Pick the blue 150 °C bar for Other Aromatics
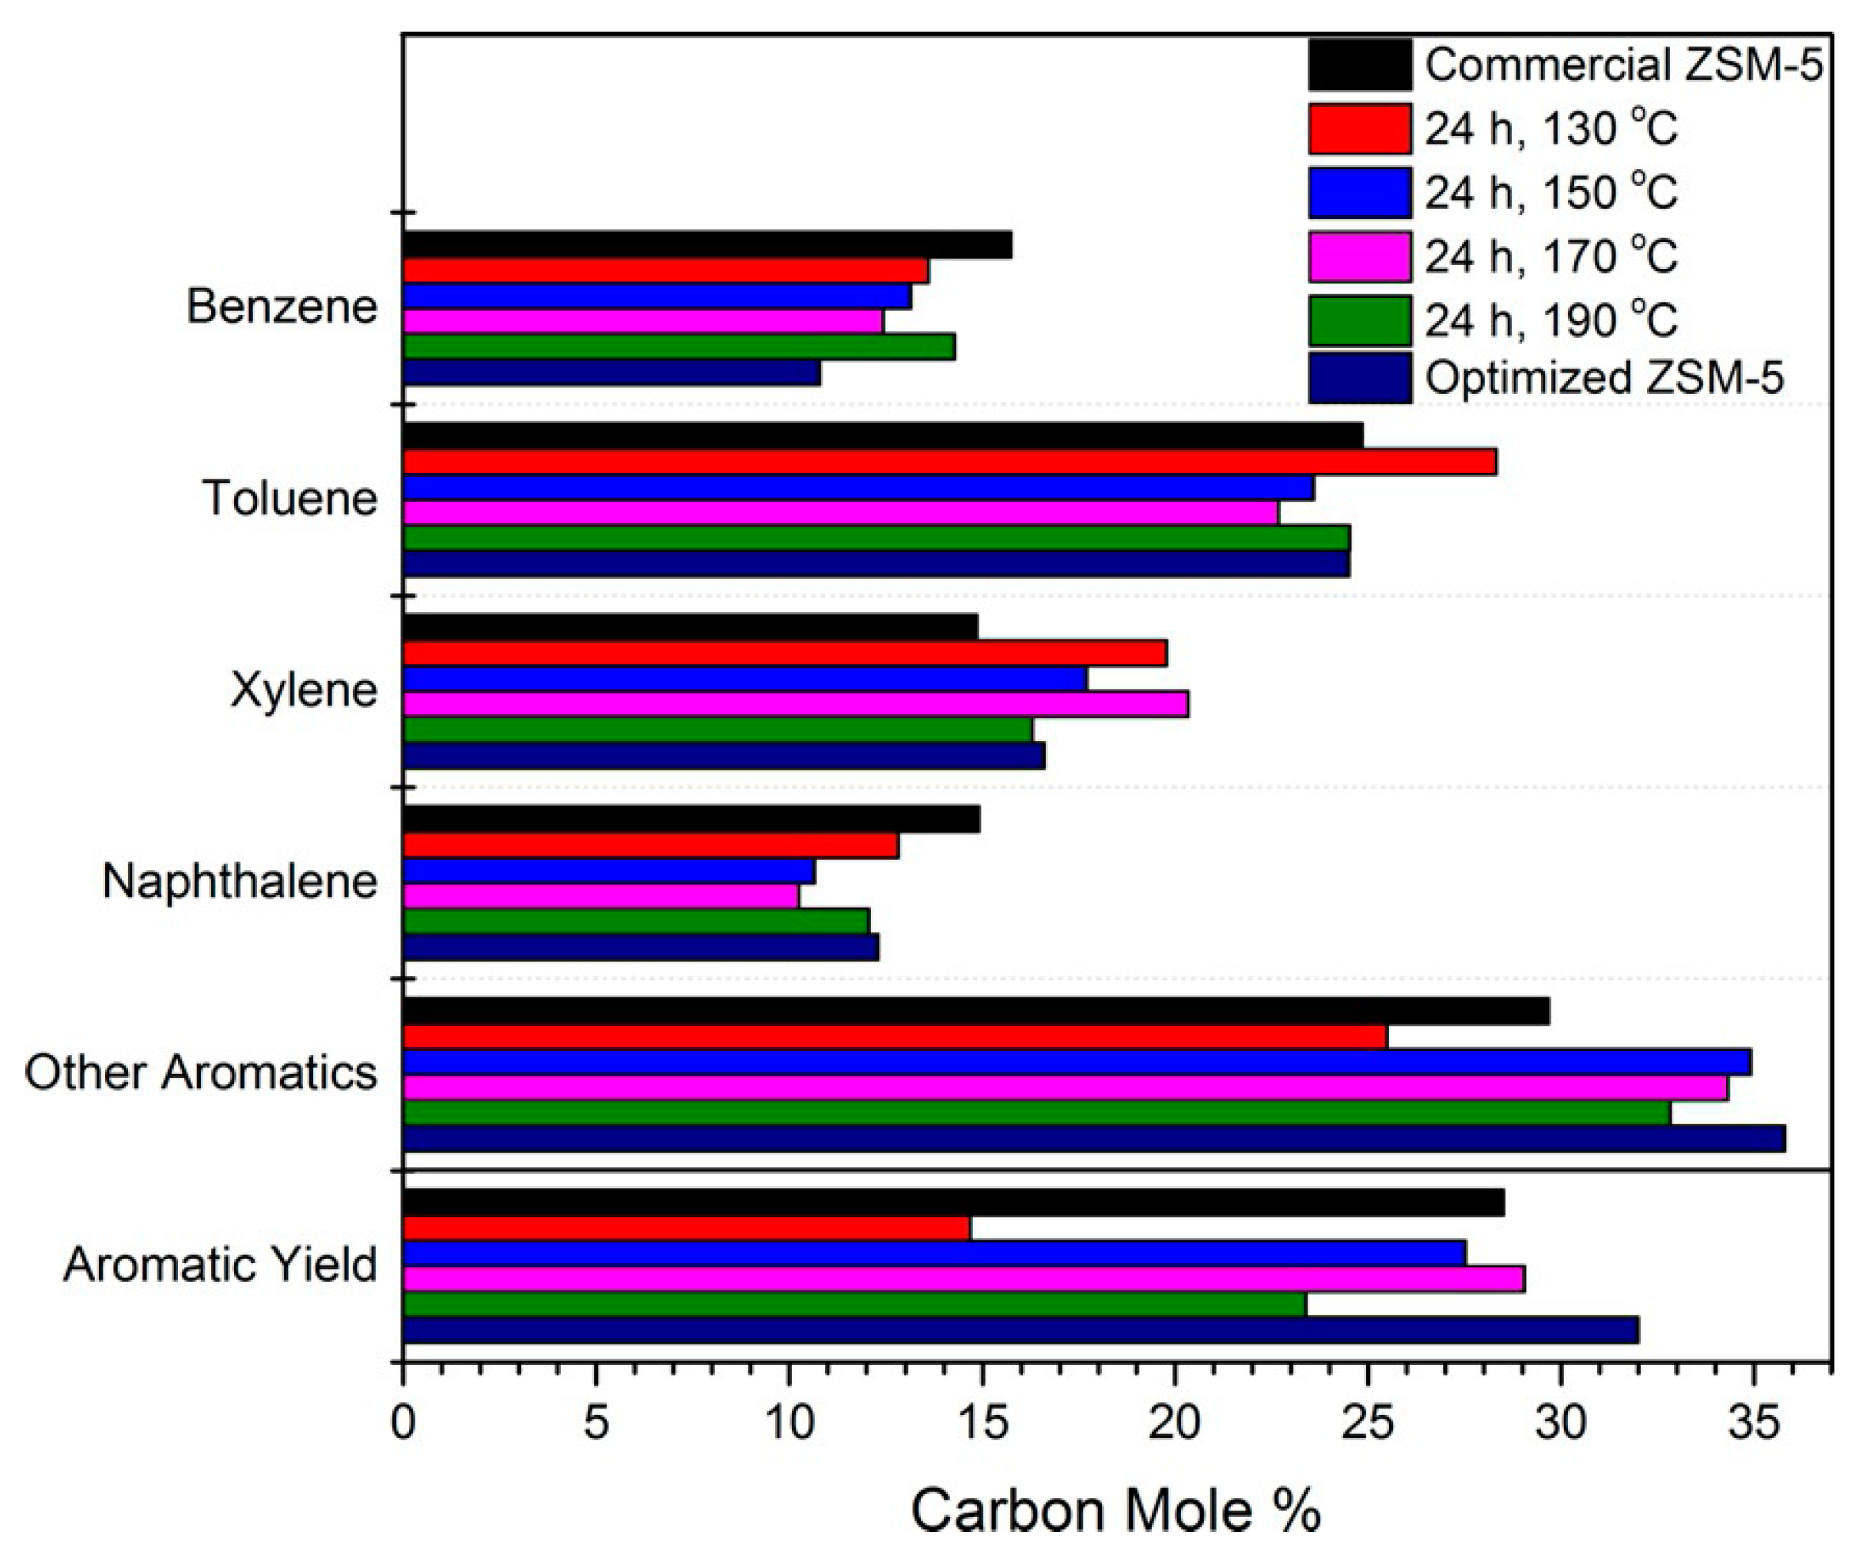click(x=1077, y=1061)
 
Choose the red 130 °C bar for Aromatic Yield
click(x=687, y=1228)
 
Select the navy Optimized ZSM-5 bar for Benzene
click(x=611, y=373)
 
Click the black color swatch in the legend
click(x=1360, y=65)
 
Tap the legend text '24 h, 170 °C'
click(x=1550, y=257)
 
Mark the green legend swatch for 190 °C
click(x=1360, y=320)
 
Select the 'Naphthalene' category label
click(x=240, y=882)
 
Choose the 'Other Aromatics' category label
click(x=201, y=1073)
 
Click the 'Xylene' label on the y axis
click(x=304, y=690)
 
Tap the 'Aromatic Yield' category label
click(x=221, y=1265)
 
